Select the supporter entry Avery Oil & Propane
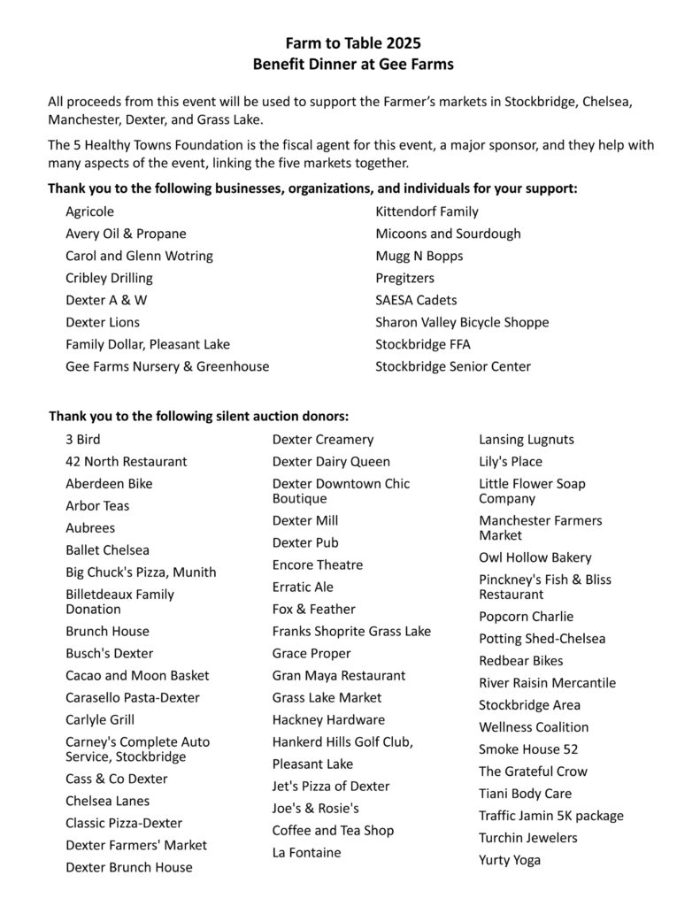pos(126,234)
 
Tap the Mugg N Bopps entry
pos(419,256)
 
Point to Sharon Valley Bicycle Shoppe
pos(462,322)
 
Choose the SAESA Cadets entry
pos(416,300)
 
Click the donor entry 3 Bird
pos(83,439)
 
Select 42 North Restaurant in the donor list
pos(127,461)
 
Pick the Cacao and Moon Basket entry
pos(137,675)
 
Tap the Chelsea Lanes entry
pos(107,801)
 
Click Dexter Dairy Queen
pos(331,461)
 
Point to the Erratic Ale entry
pos(303,587)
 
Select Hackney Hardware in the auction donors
pos(328,719)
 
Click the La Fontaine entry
pos(306,852)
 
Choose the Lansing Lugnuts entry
pos(527,439)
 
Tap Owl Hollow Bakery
pos(535,557)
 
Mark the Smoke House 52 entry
pos(528,749)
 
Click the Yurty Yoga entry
pos(510,859)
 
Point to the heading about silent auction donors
pos(198,415)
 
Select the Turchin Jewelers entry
pos(528,837)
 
